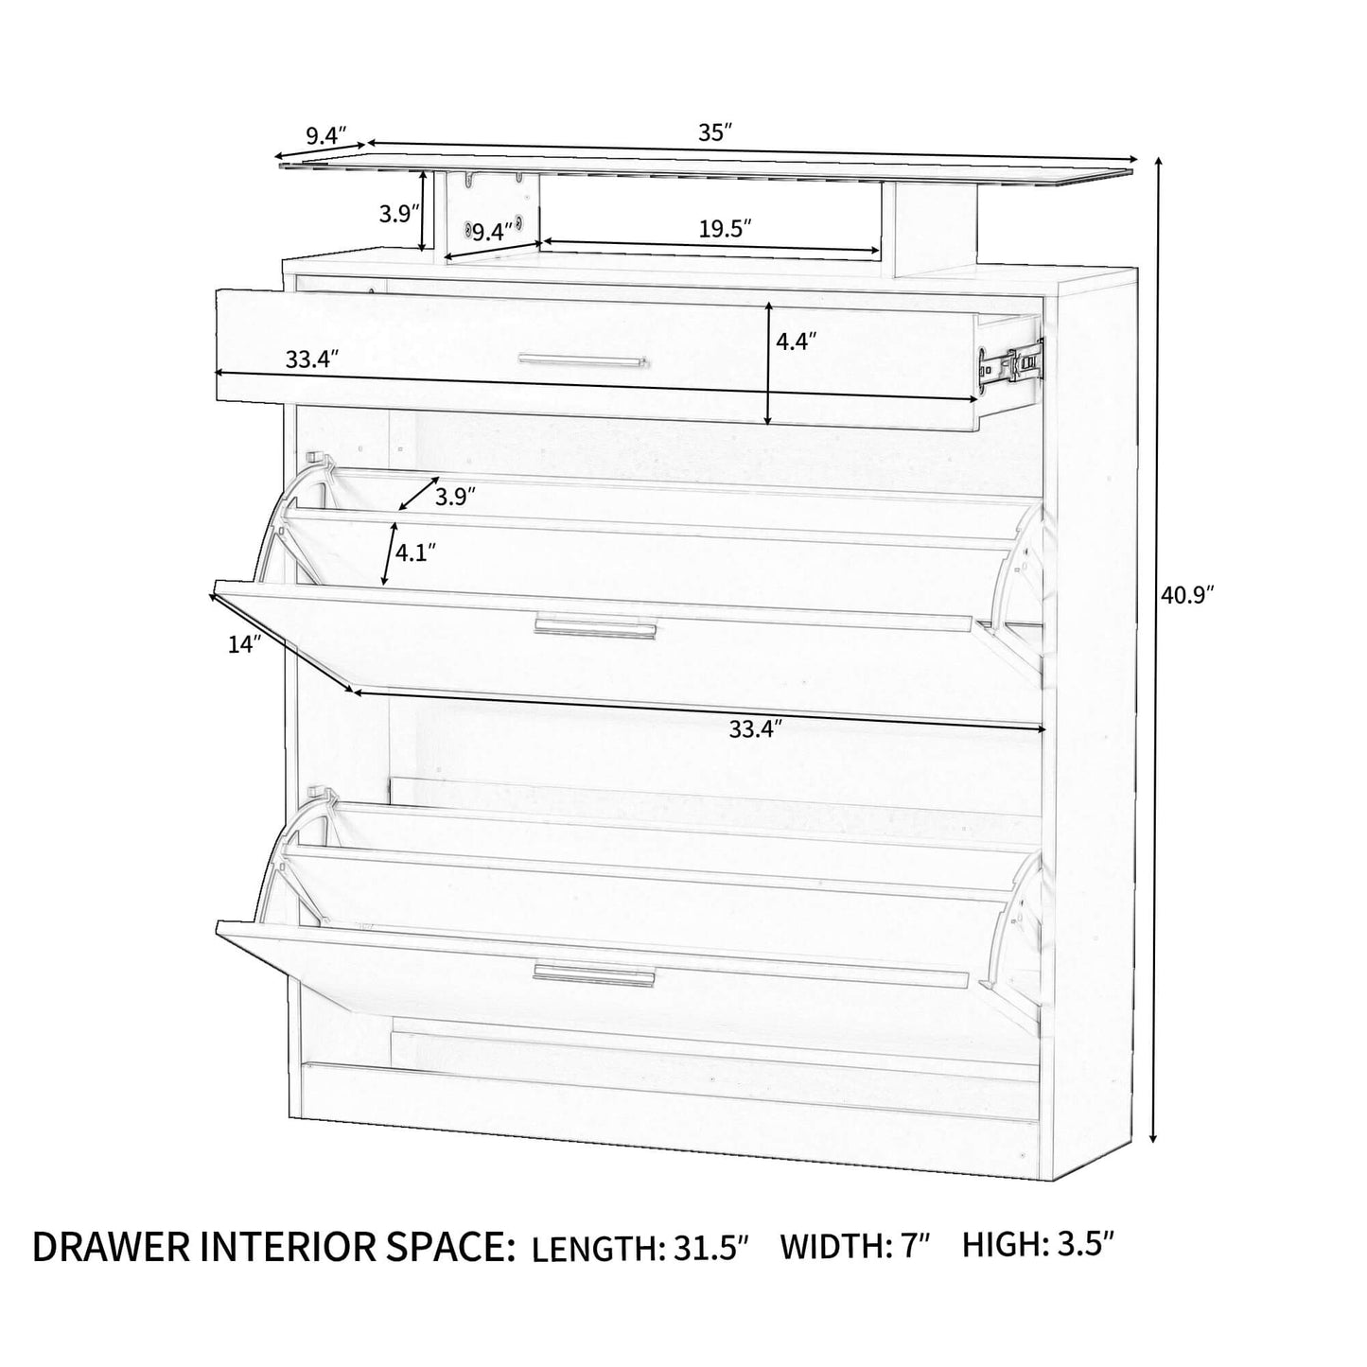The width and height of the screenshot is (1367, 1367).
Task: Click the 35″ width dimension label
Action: point(716,131)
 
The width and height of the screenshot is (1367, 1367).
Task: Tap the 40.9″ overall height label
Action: point(1187,595)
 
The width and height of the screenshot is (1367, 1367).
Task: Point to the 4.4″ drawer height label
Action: point(796,342)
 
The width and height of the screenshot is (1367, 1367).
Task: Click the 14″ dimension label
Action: point(244,644)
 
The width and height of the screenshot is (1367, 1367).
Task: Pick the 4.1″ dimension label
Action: point(416,552)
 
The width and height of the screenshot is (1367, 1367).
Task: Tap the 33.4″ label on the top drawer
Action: point(311,359)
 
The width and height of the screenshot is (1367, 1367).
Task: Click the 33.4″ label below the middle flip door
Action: point(756,729)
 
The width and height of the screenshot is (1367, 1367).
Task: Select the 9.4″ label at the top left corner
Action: point(326,135)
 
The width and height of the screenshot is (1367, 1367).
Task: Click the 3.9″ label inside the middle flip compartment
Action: point(455,497)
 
